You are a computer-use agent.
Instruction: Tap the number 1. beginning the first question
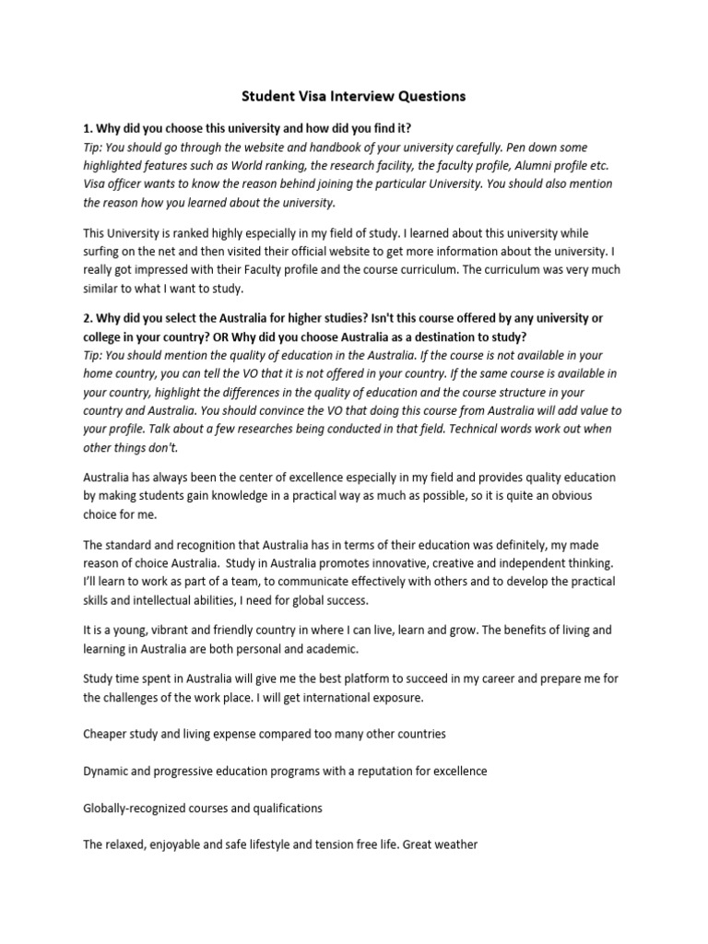(x=88, y=128)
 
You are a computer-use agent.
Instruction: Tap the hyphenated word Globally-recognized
(x=136, y=808)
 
